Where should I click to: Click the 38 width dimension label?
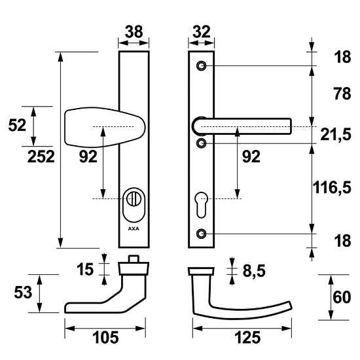(134, 32)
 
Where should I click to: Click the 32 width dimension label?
(202, 32)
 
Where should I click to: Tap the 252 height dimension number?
(41, 156)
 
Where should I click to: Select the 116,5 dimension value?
(332, 187)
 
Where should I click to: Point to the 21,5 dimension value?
(336, 135)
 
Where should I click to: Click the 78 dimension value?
(342, 94)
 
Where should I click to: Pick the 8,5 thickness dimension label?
(254, 271)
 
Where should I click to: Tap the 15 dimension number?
(85, 269)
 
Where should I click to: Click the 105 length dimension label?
(105, 338)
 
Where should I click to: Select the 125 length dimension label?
(247, 338)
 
